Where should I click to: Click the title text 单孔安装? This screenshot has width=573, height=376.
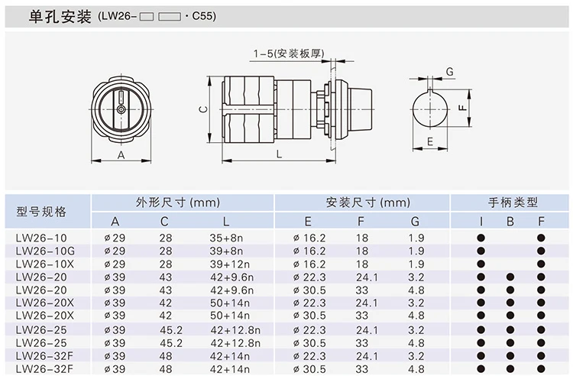click(60, 17)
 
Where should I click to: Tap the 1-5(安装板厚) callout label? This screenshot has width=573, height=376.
click(289, 53)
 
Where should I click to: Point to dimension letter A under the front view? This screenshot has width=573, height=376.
click(121, 155)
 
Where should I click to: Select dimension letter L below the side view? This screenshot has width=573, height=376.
click(279, 154)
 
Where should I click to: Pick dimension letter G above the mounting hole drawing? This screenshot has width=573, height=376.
click(449, 72)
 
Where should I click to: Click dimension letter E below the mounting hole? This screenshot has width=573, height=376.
click(429, 141)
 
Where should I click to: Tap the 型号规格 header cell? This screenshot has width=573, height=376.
click(41, 212)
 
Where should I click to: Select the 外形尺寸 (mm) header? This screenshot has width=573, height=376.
click(178, 203)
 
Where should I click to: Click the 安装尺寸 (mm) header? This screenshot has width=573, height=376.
click(368, 203)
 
